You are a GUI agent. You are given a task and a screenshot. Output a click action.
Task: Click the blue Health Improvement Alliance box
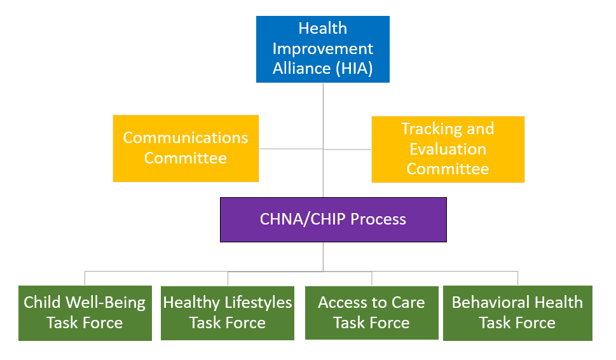click(323, 49)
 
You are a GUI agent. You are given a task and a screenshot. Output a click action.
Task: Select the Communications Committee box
click(186, 149)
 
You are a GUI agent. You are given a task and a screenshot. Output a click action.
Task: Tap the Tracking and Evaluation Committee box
click(448, 149)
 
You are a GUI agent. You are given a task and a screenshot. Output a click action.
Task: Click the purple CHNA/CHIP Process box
click(333, 219)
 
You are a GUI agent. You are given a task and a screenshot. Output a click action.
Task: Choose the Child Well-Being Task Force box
click(85, 313)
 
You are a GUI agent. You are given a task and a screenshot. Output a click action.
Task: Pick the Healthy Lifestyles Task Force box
click(228, 313)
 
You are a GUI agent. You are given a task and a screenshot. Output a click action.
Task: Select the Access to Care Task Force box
click(372, 313)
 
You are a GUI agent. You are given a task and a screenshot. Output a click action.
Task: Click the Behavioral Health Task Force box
click(518, 313)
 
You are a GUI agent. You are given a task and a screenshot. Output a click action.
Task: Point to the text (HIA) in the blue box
click(354, 69)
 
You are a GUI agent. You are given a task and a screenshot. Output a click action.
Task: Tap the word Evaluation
click(448, 149)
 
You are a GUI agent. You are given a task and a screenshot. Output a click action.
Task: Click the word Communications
click(186, 138)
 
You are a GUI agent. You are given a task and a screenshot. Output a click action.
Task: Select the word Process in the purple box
click(378, 219)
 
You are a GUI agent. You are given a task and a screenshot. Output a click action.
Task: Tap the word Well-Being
click(106, 303)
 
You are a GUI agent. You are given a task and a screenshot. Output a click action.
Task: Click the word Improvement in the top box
click(323, 49)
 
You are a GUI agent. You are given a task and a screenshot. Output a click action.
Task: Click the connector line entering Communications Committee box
click(291, 149)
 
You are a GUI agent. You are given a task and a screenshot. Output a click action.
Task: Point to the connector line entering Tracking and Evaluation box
click(347, 149)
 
